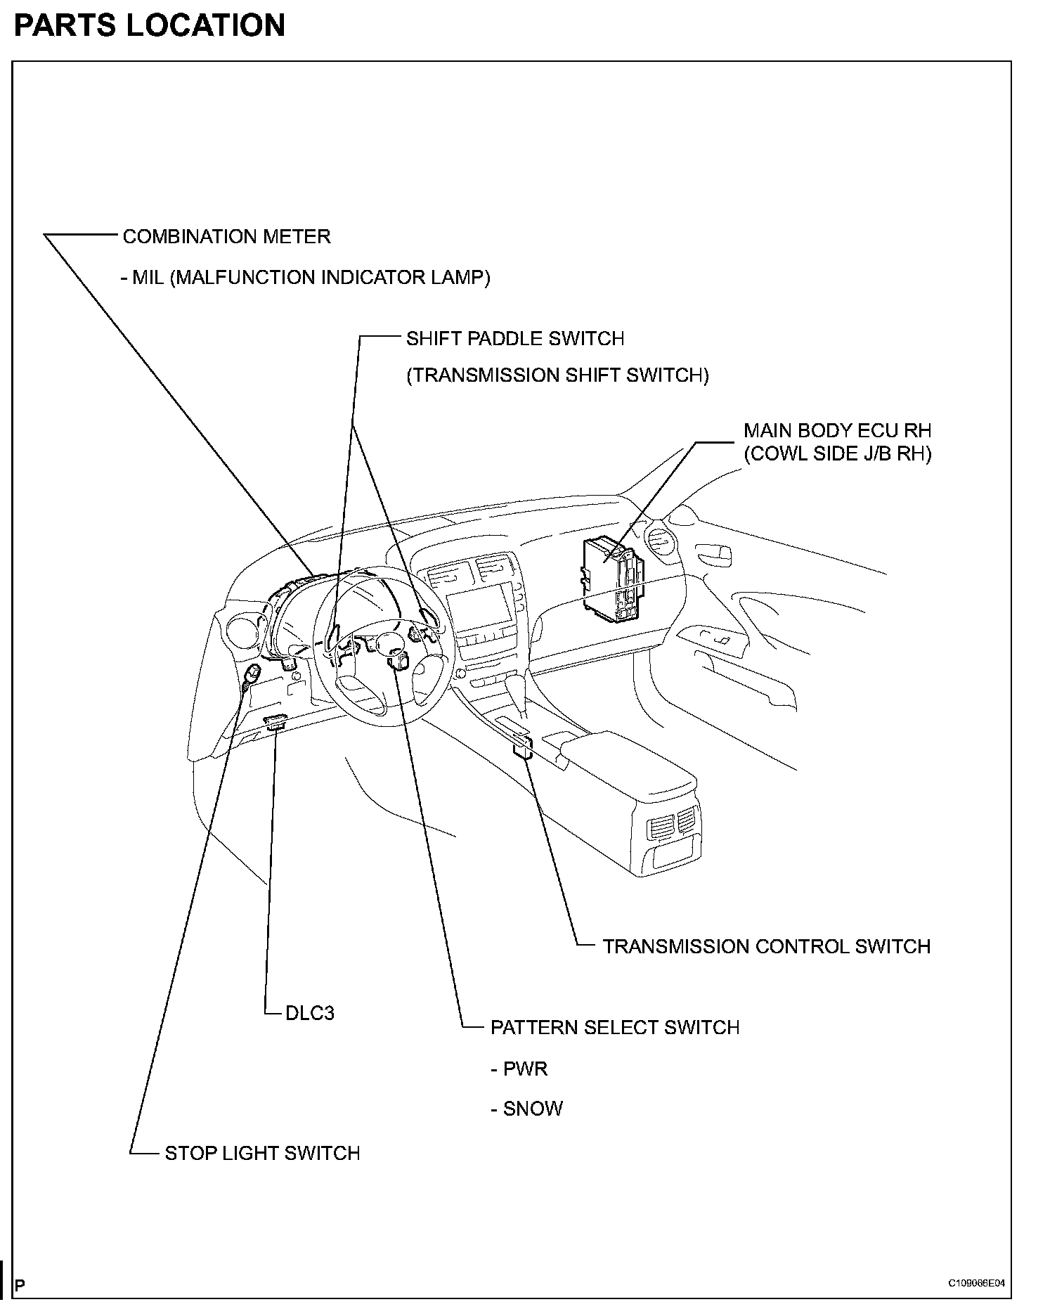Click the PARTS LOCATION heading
click(x=149, y=26)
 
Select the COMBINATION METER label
click(x=226, y=237)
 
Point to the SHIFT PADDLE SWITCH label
click(x=515, y=339)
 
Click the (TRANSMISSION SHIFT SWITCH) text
click(x=558, y=375)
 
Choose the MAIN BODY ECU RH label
click(x=837, y=430)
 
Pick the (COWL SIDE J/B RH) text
click(x=837, y=454)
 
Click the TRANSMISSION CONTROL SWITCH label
click(x=766, y=946)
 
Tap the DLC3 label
click(x=310, y=1013)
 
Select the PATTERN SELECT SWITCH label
click(x=615, y=1028)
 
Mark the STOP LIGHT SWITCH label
click(x=262, y=1154)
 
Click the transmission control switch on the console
click(x=522, y=746)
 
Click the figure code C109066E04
click(x=976, y=1283)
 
